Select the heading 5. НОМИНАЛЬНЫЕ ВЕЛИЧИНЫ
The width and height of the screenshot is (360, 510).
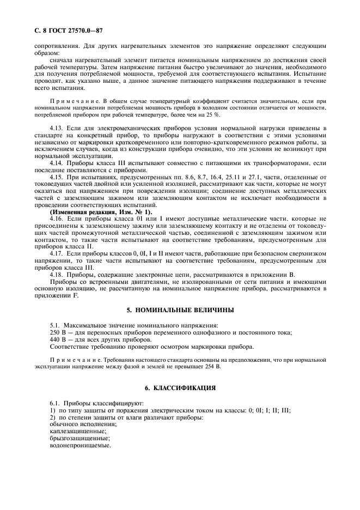pyautogui.click(x=180, y=309)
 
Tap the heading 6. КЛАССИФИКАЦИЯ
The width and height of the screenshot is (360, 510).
pyautogui.click(x=180, y=388)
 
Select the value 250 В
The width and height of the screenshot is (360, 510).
pyautogui.click(x=57, y=332)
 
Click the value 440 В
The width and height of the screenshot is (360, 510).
pyautogui.click(x=57, y=339)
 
